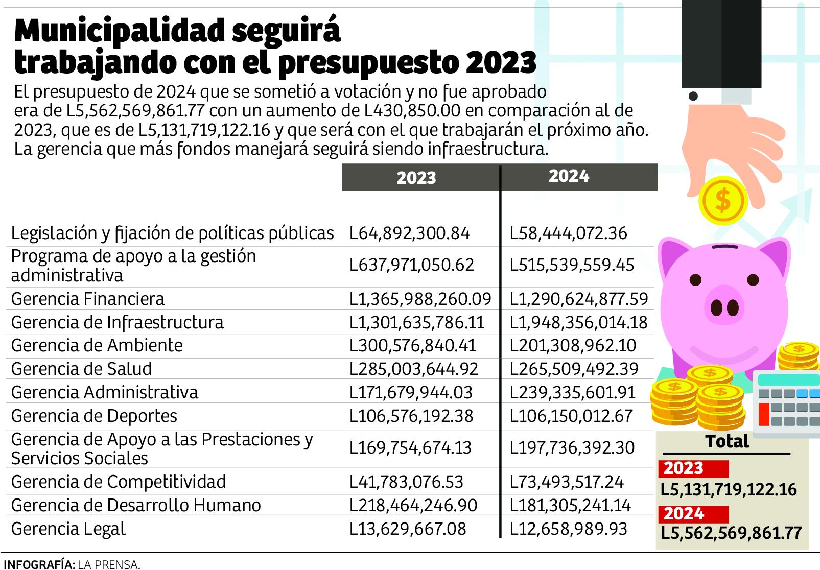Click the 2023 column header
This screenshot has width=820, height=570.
(x=416, y=178)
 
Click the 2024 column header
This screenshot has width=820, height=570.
(x=569, y=176)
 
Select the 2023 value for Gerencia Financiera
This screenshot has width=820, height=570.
(x=420, y=299)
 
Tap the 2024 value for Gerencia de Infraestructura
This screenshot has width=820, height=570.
(x=578, y=322)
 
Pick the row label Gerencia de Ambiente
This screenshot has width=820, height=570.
(x=97, y=346)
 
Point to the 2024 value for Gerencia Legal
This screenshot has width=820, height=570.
(x=568, y=529)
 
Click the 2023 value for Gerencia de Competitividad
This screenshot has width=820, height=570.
(x=406, y=482)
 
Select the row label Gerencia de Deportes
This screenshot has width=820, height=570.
(x=94, y=416)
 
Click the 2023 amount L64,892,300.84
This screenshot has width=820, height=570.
(x=409, y=233)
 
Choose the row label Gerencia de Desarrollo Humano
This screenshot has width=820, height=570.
(x=136, y=505)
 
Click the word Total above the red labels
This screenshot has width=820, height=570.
(x=727, y=442)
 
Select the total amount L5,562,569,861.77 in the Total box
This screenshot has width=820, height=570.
(x=731, y=533)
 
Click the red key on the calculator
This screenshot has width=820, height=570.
(x=764, y=414)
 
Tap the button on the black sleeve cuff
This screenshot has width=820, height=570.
(x=693, y=96)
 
